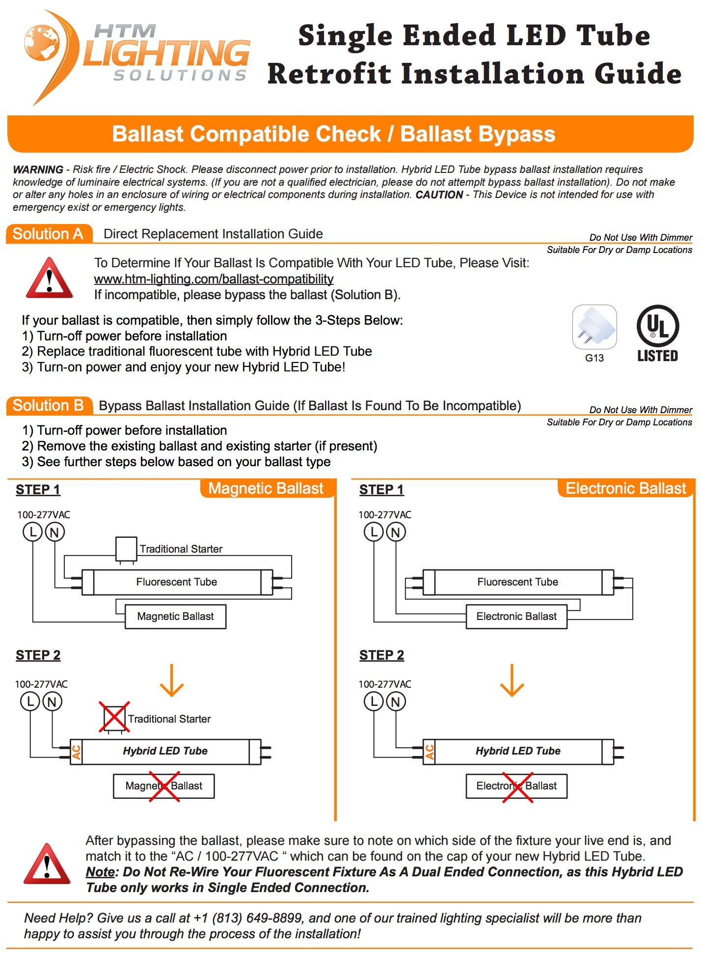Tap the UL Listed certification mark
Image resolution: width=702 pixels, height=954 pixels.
click(x=657, y=334)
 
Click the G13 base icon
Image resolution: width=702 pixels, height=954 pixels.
click(x=594, y=327)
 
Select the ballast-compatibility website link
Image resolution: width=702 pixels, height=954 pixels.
click(x=214, y=279)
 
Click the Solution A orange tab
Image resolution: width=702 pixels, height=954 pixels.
click(x=48, y=234)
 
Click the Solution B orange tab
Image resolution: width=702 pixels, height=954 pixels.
click(x=48, y=406)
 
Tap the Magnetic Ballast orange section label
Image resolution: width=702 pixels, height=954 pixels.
click(x=266, y=488)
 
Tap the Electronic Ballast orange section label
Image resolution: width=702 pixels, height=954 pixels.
click(x=625, y=488)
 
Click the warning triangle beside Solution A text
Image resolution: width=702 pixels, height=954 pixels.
click(x=49, y=279)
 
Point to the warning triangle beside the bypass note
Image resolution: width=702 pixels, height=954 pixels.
click(x=47, y=864)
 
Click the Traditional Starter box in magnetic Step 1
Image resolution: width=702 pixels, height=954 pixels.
click(x=126, y=548)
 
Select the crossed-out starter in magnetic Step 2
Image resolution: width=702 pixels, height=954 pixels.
click(x=114, y=718)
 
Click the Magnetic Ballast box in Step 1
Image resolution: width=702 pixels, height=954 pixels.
click(x=175, y=617)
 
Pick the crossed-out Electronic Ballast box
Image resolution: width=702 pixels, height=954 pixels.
click(x=516, y=786)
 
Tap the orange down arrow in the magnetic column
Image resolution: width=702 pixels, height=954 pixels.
click(x=172, y=680)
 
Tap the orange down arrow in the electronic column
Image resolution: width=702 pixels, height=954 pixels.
click(x=512, y=680)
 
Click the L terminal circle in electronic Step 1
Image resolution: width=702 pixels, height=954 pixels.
click(x=374, y=532)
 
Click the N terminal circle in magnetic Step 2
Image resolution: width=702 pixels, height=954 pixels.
click(x=53, y=701)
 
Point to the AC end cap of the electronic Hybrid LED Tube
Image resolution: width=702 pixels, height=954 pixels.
click(x=429, y=752)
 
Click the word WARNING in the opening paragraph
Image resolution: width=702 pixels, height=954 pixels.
click(x=38, y=169)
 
